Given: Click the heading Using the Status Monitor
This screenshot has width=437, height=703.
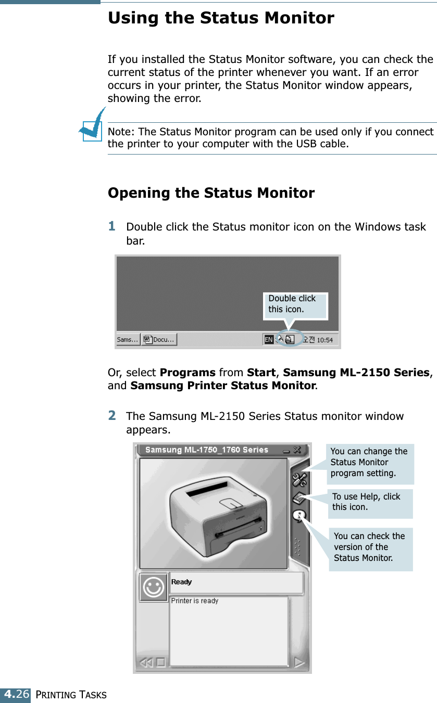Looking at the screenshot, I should click(x=221, y=18).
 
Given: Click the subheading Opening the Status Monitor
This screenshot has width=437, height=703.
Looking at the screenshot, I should click(x=211, y=193).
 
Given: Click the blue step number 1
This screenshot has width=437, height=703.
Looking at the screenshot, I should click(x=112, y=226).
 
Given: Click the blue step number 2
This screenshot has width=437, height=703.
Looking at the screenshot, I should click(x=112, y=416).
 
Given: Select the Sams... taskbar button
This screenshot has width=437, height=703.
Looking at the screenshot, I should click(x=128, y=340).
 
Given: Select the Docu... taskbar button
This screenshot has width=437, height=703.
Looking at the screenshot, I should click(x=159, y=340).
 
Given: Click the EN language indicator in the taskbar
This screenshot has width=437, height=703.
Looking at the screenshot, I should click(x=269, y=340).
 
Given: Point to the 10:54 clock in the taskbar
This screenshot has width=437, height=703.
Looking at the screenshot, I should click(x=324, y=340).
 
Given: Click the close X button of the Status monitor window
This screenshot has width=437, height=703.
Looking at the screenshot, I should click(x=297, y=450).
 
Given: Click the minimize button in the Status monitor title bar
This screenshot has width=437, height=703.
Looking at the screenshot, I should click(x=286, y=450).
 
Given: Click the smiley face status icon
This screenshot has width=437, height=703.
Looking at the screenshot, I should click(x=153, y=587).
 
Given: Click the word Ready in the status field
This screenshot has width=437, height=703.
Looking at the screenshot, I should click(x=182, y=582).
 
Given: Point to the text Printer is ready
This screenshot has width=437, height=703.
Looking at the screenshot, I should click(x=195, y=601).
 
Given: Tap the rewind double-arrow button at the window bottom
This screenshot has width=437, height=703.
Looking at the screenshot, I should click(x=146, y=663).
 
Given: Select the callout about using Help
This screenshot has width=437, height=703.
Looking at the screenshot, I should click(x=370, y=502).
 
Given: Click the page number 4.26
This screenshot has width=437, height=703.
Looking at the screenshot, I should click(x=15, y=695).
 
